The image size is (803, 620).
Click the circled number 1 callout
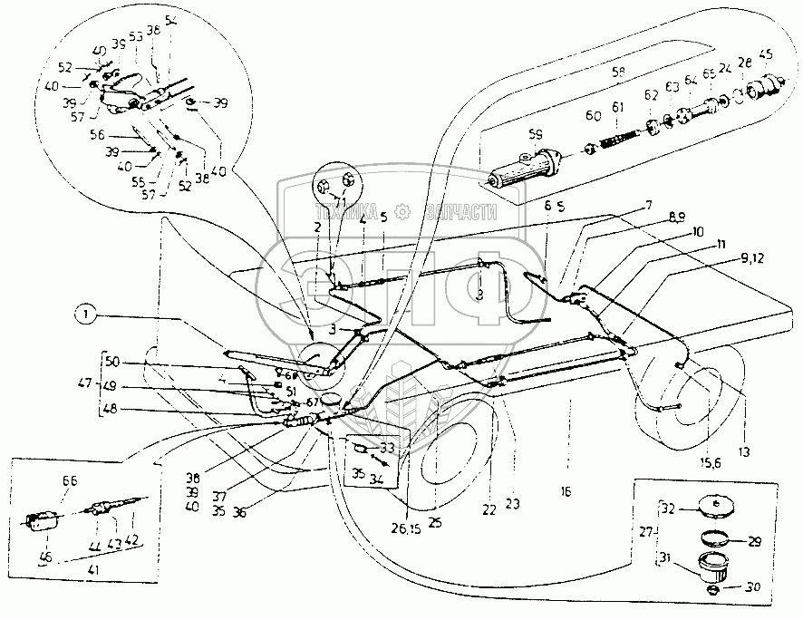84,315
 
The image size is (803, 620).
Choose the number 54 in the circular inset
171,18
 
